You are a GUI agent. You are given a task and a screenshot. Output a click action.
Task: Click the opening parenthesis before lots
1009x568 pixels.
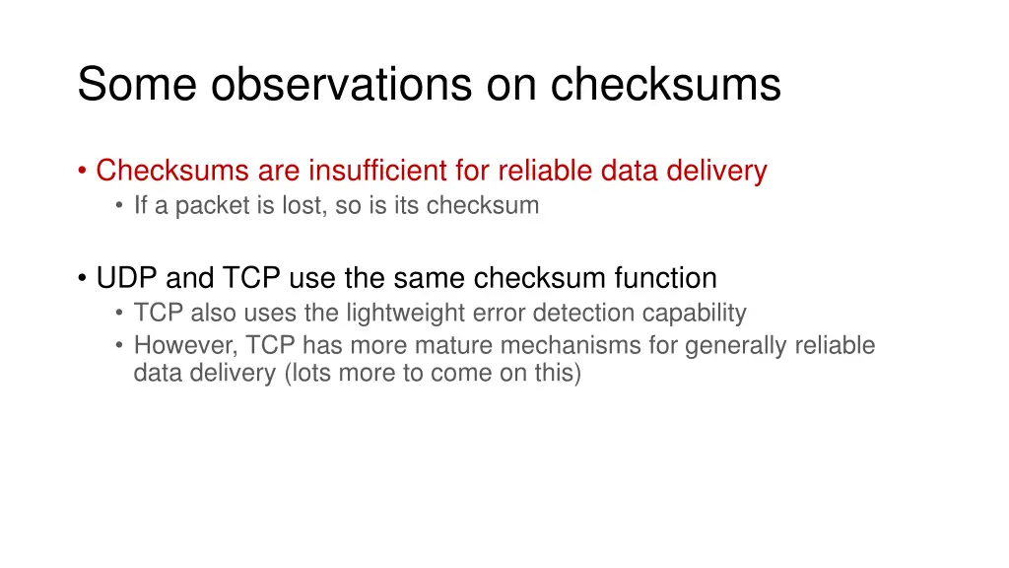pyautogui.click(x=286, y=374)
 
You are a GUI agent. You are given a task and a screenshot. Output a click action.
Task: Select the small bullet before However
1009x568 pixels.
pyautogui.click(x=119, y=347)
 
